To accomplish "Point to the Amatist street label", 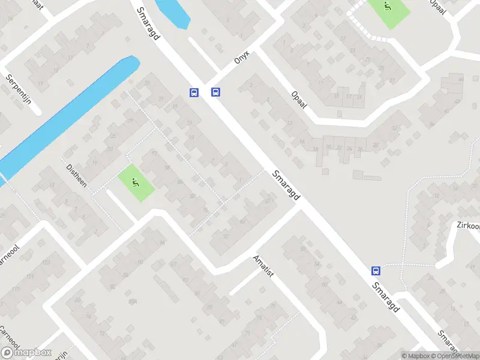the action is coord(263,265).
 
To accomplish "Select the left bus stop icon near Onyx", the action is coord(194,92).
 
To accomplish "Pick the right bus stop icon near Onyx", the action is coord(215,92).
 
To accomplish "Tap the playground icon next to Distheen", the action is coord(135,184).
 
